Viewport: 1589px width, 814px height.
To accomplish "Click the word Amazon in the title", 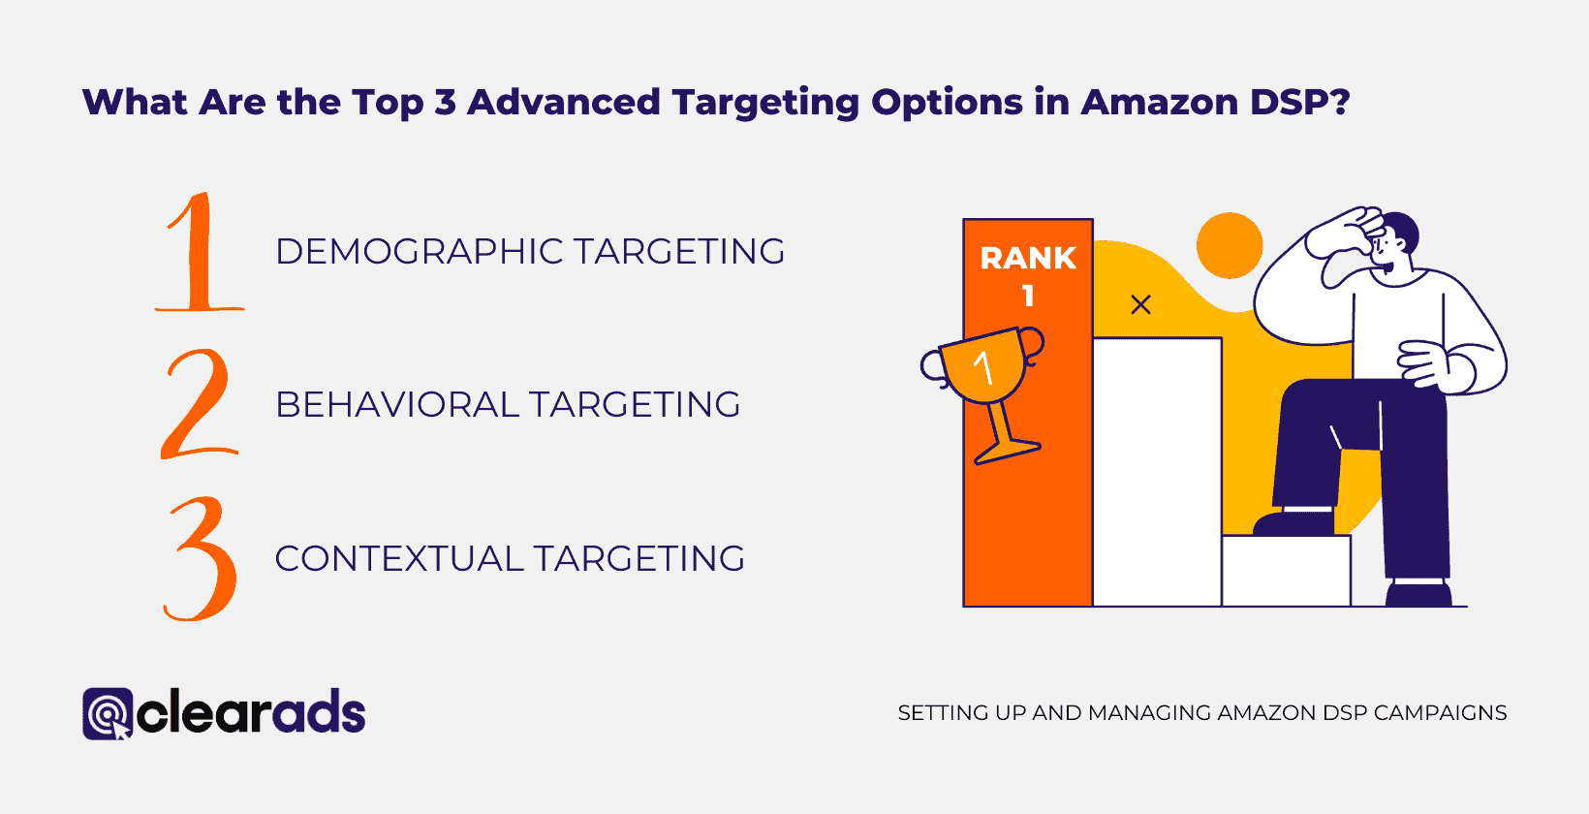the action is (1160, 102).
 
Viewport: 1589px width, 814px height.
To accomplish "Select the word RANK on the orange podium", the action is (1028, 259).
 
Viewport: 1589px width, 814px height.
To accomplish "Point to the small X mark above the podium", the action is (1140, 305).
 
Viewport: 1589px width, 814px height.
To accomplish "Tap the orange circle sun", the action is (1230, 245).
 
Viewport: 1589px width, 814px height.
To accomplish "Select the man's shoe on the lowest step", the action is (1293, 523).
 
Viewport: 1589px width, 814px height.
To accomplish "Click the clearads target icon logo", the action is (108, 713).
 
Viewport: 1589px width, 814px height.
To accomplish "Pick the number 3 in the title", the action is (445, 102).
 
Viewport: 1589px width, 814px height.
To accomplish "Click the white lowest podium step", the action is (1286, 571).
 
